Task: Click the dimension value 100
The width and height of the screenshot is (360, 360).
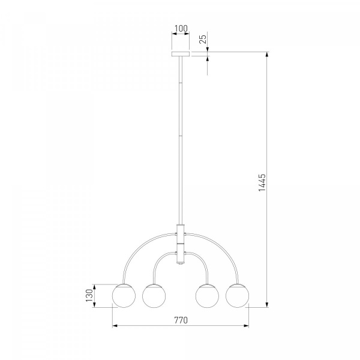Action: tap(181, 28)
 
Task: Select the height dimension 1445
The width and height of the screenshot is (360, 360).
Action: tap(262, 182)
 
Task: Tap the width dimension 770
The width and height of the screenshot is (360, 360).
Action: tap(181, 320)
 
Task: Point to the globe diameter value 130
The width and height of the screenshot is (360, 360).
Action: tap(89, 295)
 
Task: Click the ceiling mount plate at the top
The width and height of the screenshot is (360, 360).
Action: tap(181, 54)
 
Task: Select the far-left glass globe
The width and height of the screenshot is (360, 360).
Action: tap(124, 296)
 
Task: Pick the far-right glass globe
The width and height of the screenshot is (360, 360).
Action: tap(237, 296)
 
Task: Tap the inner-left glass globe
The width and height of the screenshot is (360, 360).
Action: tap(154, 296)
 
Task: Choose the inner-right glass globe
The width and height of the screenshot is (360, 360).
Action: tap(207, 296)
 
